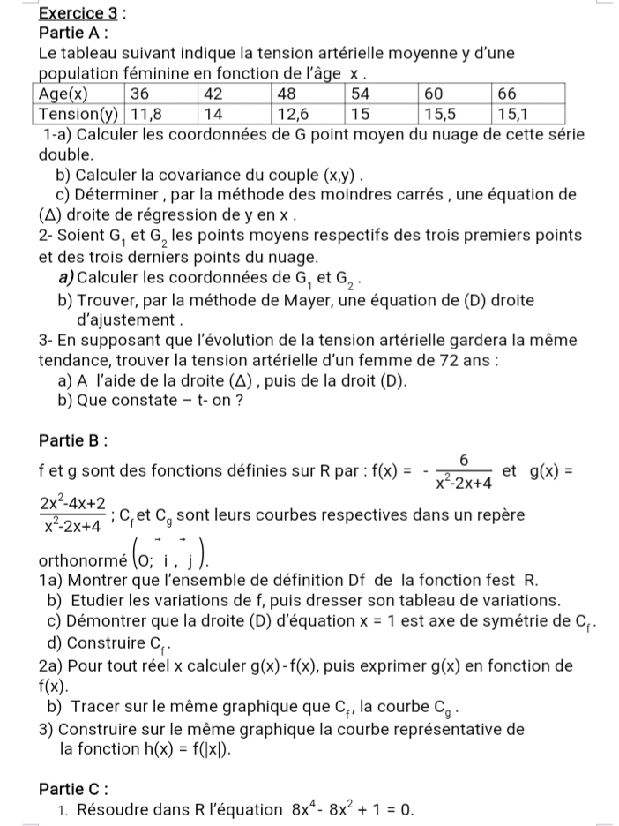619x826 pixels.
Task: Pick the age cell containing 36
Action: [142, 94]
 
